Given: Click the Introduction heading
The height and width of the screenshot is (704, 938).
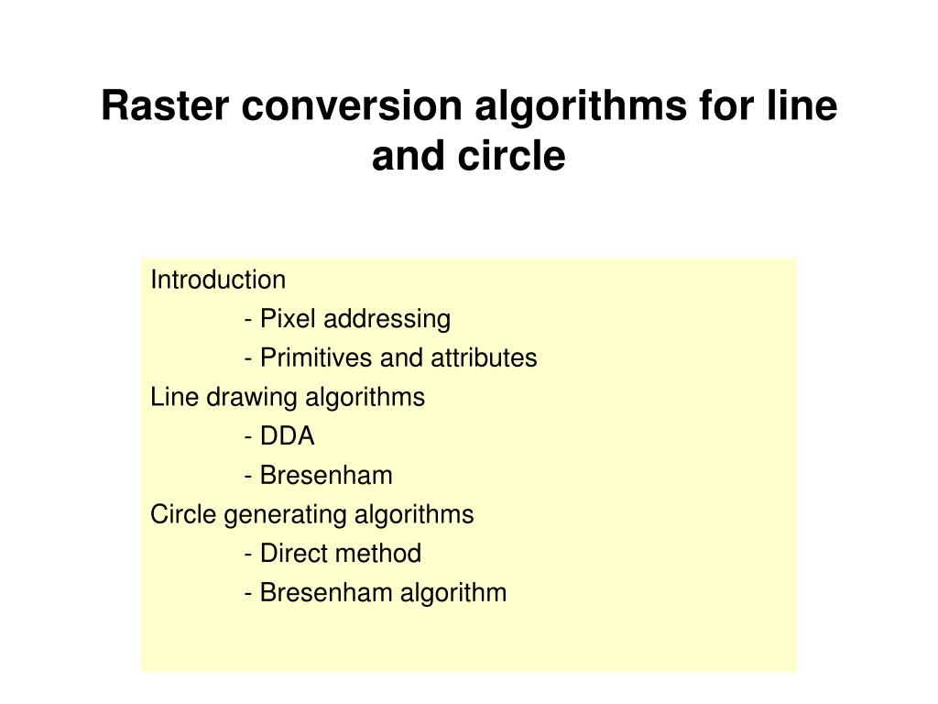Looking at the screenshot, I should click(218, 280).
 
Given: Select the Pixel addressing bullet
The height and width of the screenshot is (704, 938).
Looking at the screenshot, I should click(348, 319).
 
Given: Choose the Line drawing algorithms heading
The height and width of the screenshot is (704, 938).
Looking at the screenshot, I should click(288, 398).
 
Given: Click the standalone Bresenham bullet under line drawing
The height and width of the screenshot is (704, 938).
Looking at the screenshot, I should click(319, 476).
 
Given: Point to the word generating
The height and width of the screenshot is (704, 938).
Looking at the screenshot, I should click(279, 515).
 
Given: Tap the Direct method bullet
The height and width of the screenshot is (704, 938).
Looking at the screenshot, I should click(333, 555).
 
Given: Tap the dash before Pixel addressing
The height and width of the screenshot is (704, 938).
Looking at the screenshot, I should click(249, 319).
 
